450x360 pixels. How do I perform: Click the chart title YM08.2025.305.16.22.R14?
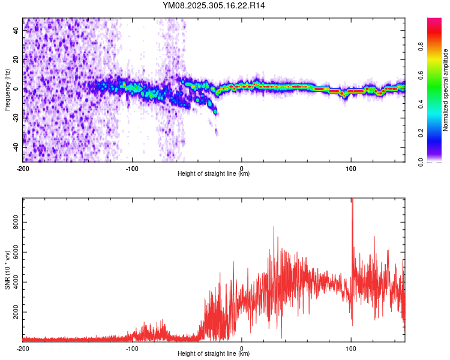coord(214,5)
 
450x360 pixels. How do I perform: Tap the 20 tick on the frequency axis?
coord(17,59)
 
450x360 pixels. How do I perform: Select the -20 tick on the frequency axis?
coord(16,118)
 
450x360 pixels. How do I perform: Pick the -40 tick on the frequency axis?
coord(16,147)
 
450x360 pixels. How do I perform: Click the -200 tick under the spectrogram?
coord(22,169)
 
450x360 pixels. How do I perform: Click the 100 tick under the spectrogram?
coord(351,169)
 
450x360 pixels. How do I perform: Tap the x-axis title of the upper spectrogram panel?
coord(214,174)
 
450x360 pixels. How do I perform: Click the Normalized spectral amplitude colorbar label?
coord(446,90)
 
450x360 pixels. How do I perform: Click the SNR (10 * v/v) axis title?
coord(7,270)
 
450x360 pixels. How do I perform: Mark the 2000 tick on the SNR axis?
coord(14,313)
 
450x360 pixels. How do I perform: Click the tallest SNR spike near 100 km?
coord(352,200)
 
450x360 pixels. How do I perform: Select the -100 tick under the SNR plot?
coord(132,349)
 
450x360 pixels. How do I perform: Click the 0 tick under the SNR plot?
coord(242,349)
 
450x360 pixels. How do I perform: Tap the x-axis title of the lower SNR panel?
coord(214,354)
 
